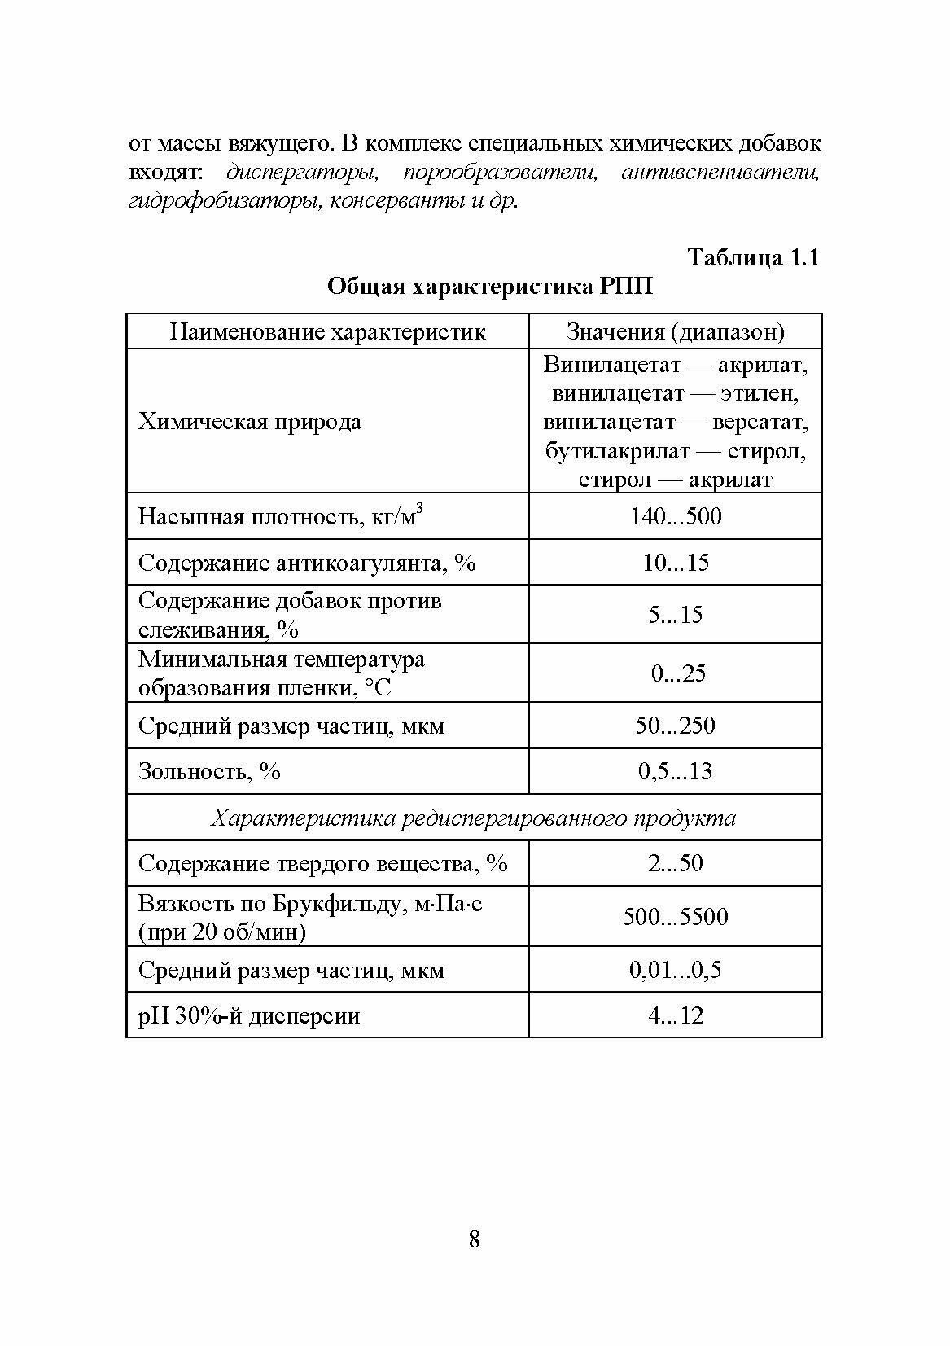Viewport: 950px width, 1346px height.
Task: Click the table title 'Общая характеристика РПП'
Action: (489, 287)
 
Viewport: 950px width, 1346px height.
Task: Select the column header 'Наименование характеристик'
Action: (327, 331)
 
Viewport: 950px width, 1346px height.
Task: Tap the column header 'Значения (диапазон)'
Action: (675, 331)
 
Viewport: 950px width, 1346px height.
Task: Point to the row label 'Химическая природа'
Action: (250, 422)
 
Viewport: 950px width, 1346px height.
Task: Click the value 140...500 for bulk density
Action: (675, 516)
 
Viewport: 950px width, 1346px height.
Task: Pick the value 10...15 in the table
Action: (675, 563)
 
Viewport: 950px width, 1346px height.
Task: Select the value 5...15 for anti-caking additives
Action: (675, 615)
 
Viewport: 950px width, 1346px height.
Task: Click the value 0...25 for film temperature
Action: (675, 673)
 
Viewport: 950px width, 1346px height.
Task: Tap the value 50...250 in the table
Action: (675, 725)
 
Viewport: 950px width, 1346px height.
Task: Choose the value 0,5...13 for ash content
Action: (675, 770)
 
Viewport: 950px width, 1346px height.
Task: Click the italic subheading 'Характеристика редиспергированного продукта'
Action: (473, 818)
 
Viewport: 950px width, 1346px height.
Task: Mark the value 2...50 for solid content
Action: (675, 863)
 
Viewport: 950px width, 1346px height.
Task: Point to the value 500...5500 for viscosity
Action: (675, 917)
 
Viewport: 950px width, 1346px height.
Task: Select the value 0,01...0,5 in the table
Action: (675, 970)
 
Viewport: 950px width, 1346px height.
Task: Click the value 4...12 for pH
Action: (675, 1015)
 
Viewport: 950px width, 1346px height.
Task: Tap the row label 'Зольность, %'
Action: (209, 770)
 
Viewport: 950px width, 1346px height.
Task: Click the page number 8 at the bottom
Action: (475, 1239)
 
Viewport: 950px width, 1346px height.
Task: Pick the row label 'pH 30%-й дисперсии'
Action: (249, 1016)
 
